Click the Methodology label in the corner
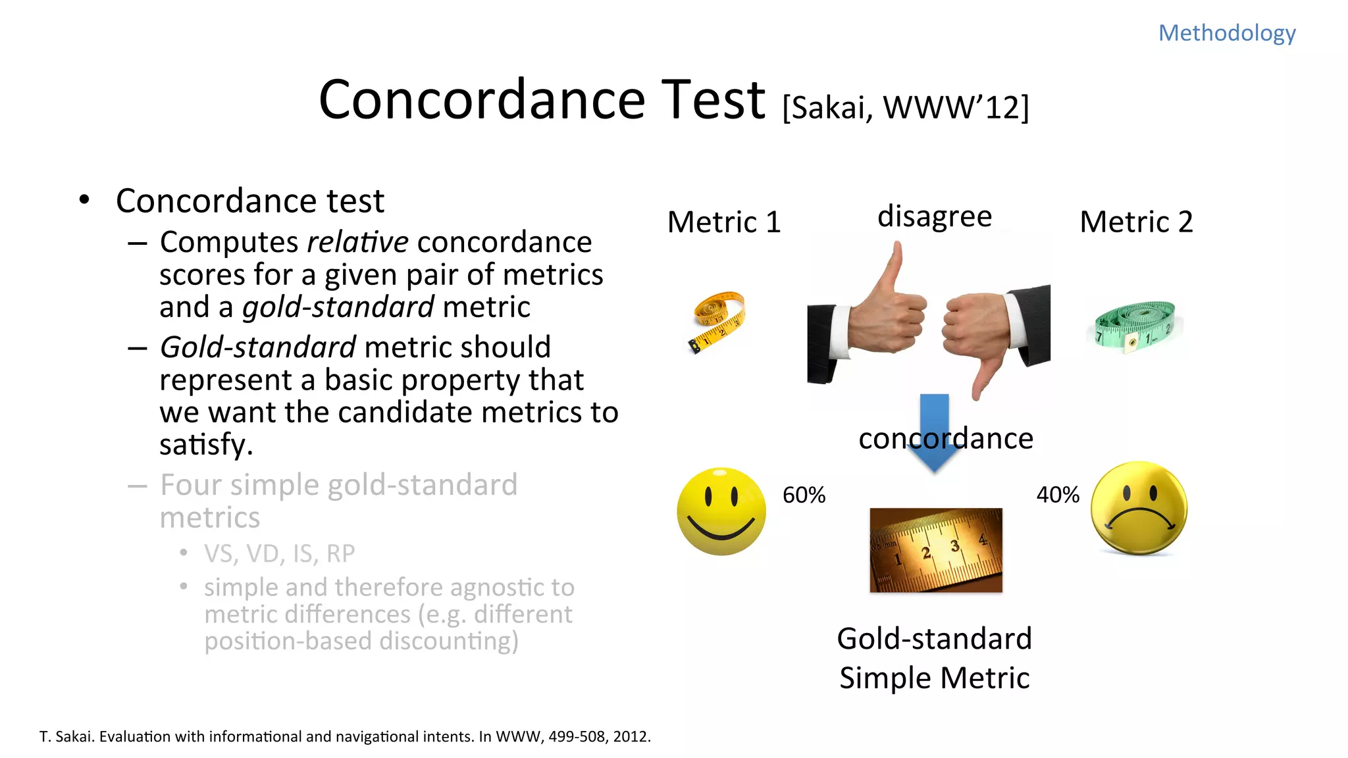click(1226, 33)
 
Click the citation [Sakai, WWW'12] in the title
click(906, 107)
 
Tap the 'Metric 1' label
click(724, 222)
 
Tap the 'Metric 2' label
click(1136, 222)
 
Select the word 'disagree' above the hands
click(934, 216)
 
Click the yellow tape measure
click(719, 321)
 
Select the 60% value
click(804, 495)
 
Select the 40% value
click(1058, 495)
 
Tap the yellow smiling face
click(721, 512)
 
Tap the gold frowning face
click(1139, 508)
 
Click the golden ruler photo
click(935, 550)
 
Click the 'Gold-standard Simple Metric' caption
click(934, 658)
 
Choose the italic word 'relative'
click(357, 242)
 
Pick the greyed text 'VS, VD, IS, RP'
click(279, 554)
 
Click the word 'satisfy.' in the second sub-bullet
click(206, 445)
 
